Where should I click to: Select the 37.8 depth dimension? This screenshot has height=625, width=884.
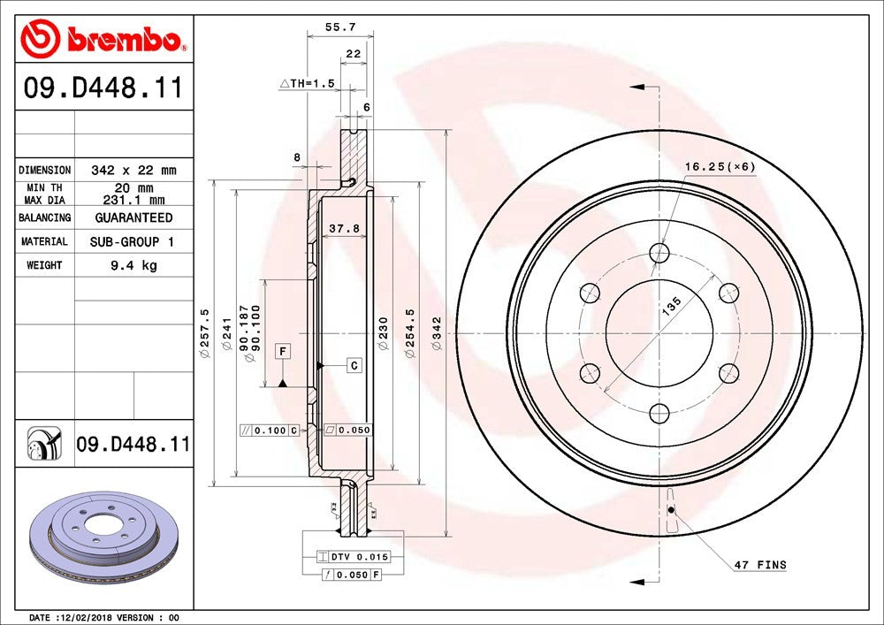click(344, 229)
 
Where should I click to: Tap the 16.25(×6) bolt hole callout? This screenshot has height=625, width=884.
click(720, 166)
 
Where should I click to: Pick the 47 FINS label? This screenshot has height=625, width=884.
click(759, 564)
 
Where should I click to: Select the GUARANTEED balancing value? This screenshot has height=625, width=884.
click(133, 217)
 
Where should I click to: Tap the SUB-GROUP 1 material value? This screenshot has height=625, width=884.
click(133, 241)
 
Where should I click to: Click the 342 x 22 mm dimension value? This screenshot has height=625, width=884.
click(133, 170)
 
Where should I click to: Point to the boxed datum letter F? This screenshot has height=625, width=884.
click(283, 352)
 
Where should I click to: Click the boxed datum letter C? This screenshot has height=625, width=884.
click(353, 364)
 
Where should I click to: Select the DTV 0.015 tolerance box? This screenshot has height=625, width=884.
click(353, 557)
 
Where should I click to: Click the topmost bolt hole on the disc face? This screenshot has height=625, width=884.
click(659, 254)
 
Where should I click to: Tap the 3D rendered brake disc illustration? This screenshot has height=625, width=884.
click(103, 542)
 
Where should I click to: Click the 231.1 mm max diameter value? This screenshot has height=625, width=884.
click(133, 200)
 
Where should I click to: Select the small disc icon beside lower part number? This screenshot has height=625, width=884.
click(43, 444)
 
